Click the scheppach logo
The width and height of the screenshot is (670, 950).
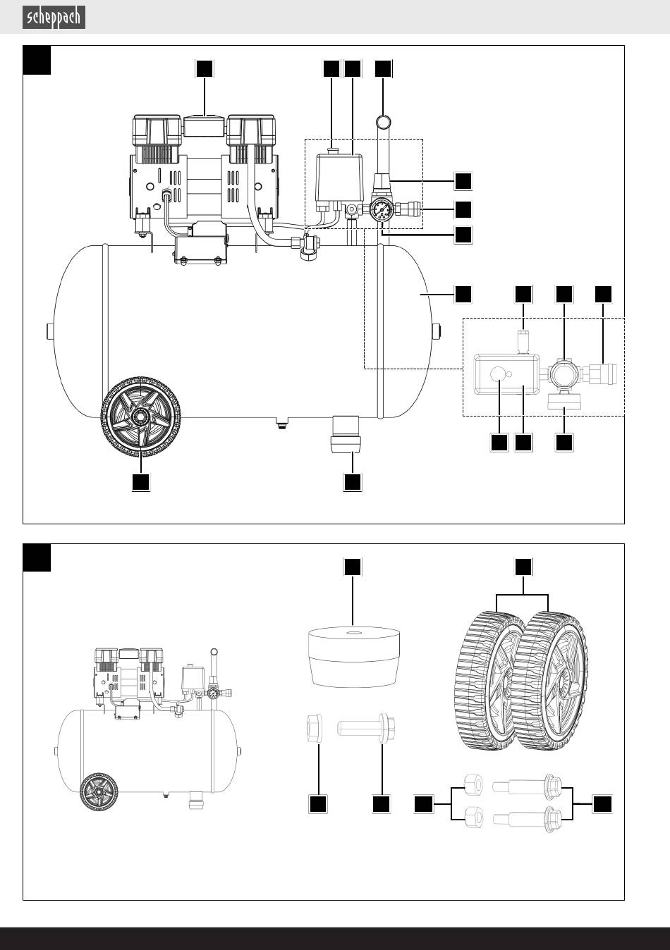(54, 18)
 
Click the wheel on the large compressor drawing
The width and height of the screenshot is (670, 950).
(140, 416)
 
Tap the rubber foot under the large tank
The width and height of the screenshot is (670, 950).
(346, 434)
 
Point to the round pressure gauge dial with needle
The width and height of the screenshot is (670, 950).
(379, 210)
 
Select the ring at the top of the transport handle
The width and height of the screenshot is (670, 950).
(384, 122)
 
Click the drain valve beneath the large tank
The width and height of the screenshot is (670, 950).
(280, 423)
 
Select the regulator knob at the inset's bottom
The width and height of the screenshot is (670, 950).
(564, 401)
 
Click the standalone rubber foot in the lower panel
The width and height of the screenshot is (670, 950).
(353, 657)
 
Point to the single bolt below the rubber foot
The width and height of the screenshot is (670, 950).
(366, 728)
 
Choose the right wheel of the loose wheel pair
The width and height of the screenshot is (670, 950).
(550, 680)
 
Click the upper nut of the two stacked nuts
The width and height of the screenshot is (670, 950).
(473, 784)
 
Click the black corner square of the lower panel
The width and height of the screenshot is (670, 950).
(37, 557)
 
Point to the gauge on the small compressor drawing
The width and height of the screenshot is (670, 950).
(214, 694)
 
